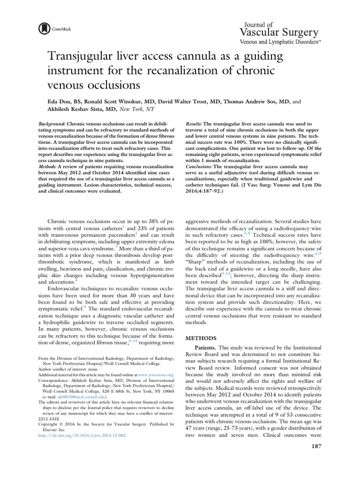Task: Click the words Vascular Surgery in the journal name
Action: pos(279,32)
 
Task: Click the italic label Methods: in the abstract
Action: pos(49,165)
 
